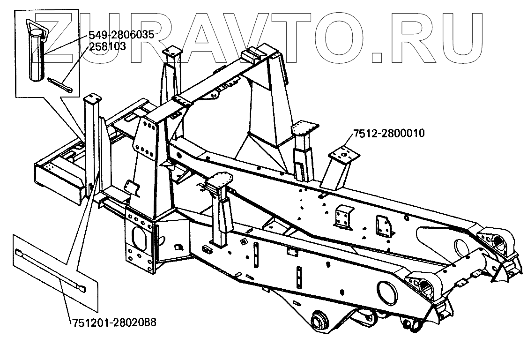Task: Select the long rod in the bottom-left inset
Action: pos(50,270)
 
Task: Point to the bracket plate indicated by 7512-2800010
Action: pos(344,155)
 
